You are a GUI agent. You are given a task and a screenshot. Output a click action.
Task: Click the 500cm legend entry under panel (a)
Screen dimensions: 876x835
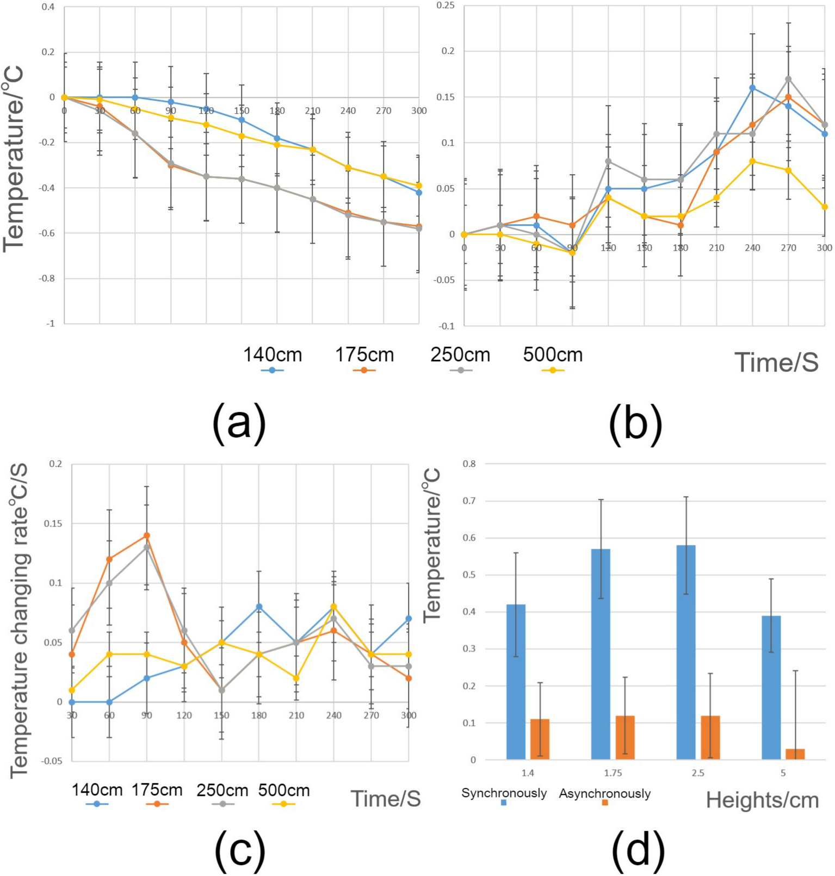(553, 355)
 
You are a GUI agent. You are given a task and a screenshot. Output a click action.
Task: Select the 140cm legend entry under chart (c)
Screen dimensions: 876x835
(97, 791)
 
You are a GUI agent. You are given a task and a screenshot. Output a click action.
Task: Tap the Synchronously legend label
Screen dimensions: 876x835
(504, 793)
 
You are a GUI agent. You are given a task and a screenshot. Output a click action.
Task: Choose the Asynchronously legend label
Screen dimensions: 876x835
(604, 794)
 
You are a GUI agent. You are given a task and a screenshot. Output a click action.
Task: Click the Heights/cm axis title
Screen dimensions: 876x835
(762, 800)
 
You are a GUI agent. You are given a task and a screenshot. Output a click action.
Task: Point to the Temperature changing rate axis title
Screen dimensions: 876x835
(19, 620)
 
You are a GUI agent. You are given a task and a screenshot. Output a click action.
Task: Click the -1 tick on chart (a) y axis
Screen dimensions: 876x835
(51, 324)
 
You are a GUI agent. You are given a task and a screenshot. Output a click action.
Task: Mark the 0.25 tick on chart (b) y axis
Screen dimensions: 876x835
(446, 5)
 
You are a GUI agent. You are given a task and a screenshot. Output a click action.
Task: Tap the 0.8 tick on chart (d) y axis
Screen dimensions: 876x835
(469, 464)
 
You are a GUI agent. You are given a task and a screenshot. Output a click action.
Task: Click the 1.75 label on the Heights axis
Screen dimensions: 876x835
(613, 773)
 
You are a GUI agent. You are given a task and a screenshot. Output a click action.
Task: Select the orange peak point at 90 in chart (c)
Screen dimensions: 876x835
(147, 535)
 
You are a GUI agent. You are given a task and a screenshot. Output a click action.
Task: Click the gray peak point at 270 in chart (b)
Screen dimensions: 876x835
(788, 79)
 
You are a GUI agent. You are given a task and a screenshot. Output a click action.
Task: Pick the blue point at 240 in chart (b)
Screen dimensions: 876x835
(752, 88)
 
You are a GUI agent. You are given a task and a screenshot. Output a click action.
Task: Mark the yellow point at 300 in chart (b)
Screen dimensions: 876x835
(825, 207)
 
